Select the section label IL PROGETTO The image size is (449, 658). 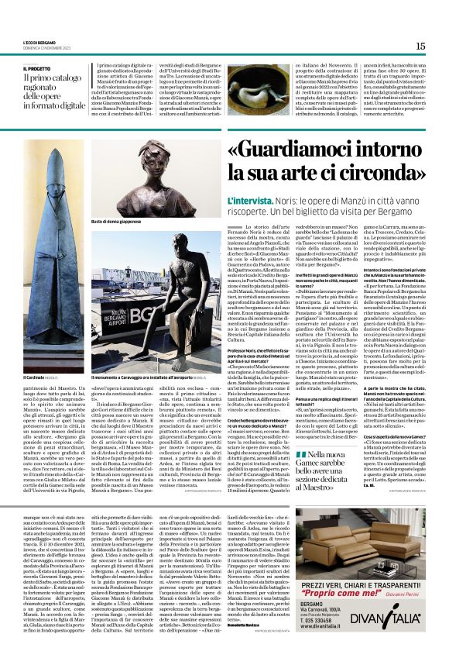(39, 68)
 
